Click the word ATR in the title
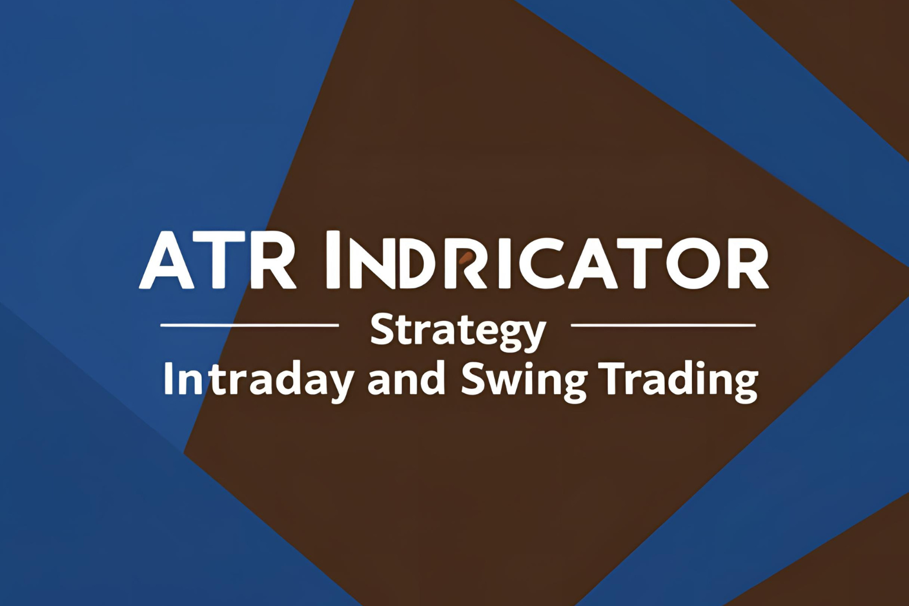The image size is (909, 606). (x=218, y=260)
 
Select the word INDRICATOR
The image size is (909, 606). (x=547, y=260)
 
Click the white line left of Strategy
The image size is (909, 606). (x=250, y=325)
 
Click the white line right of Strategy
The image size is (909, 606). (x=663, y=325)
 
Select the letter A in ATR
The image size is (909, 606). (x=167, y=260)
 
